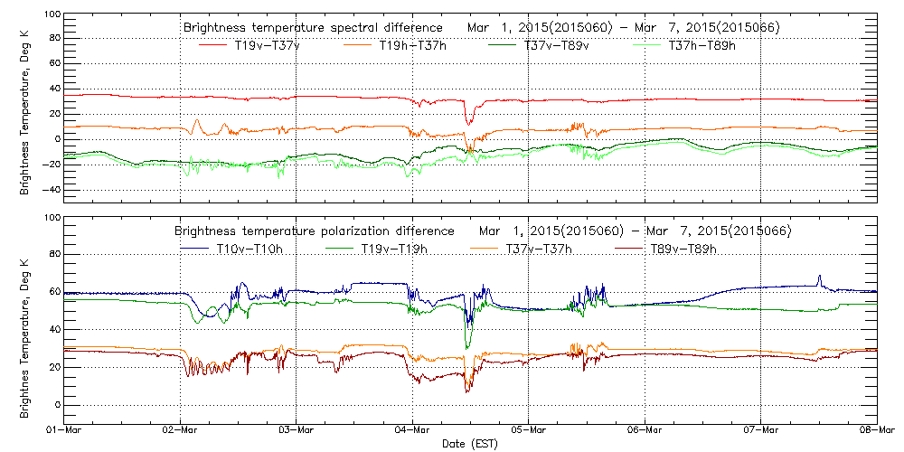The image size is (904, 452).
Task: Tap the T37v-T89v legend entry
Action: coord(557,46)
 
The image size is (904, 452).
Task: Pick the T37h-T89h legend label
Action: coord(702,46)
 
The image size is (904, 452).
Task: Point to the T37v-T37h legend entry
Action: coord(537,250)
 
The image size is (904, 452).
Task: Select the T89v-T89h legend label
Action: coord(683,250)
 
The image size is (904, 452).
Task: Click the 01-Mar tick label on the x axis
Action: coord(65,429)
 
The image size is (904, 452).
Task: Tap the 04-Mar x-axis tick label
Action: coord(413,429)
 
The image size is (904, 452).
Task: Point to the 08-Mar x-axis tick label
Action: coord(876,429)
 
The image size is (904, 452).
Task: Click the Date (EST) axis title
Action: coord(471,444)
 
